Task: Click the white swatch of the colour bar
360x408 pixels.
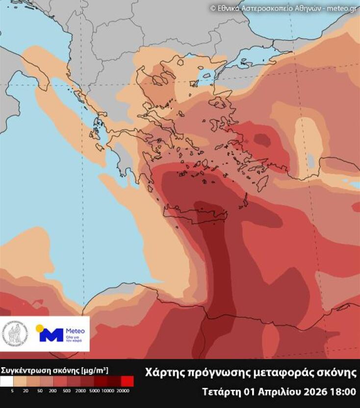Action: pyautogui.click(x=7, y=381)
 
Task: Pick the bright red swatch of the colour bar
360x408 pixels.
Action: pyautogui.click(x=127, y=381)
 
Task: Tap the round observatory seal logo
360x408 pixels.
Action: pyautogui.click(x=15, y=334)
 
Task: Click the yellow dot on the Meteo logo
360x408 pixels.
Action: pyautogui.click(x=40, y=328)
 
